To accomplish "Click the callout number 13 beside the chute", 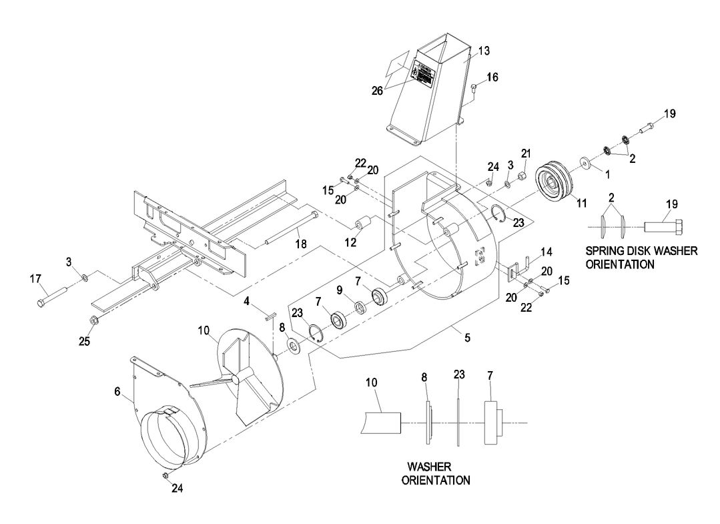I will point(483,51).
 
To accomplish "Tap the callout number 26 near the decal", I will point(378,91).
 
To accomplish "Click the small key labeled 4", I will point(271,317).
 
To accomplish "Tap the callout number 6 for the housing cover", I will point(118,393).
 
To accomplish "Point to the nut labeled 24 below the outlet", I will point(163,475).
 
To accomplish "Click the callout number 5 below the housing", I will point(467,338).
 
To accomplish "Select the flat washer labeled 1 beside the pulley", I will point(587,162).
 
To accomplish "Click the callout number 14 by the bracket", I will point(547,252).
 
